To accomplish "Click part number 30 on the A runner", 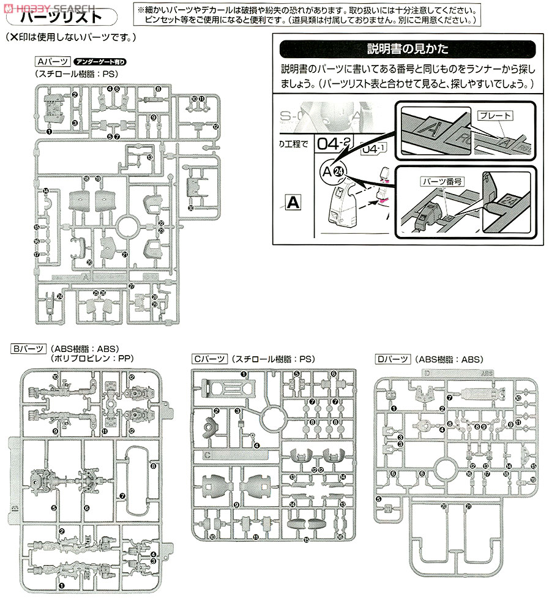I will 191,208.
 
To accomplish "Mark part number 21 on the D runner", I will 468,506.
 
